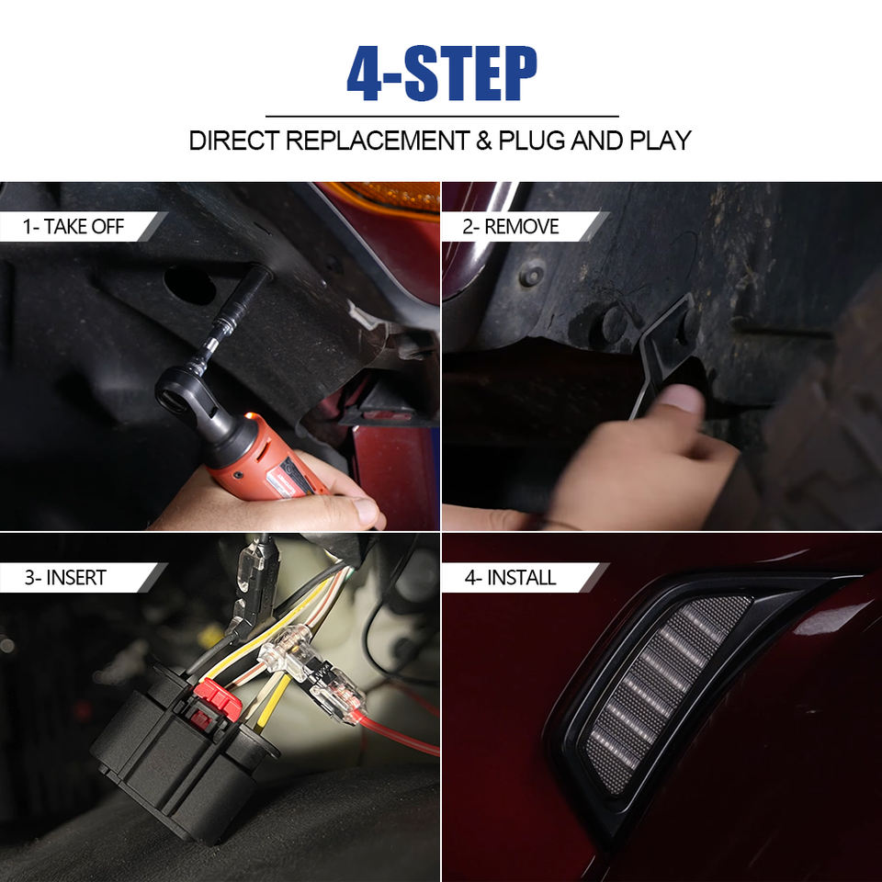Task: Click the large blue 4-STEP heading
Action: [x=442, y=73]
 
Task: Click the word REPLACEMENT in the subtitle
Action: [x=378, y=141]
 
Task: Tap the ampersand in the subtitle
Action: [x=484, y=141]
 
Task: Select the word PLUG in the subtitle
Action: [x=532, y=141]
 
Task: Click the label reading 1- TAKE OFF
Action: [x=73, y=227]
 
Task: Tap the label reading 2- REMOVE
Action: [x=511, y=227]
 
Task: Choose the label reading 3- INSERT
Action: [x=65, y=578]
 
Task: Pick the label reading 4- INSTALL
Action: [x=510, y=578]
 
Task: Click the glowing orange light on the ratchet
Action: [x=252, y=417]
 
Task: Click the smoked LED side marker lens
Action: [x=667, y=695]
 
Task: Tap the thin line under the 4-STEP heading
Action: [x=442, y=117]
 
